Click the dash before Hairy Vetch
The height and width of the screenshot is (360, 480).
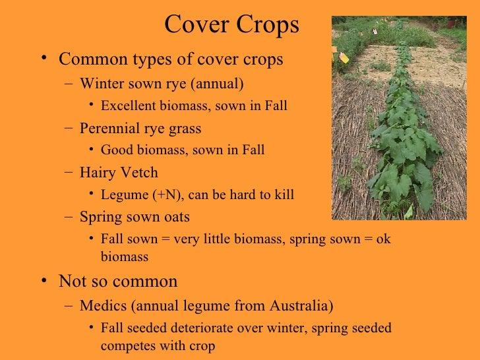(x=70, y=173)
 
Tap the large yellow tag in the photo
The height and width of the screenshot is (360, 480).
(x=344, y=57)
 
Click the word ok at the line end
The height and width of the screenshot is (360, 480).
(x=383, y=239)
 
